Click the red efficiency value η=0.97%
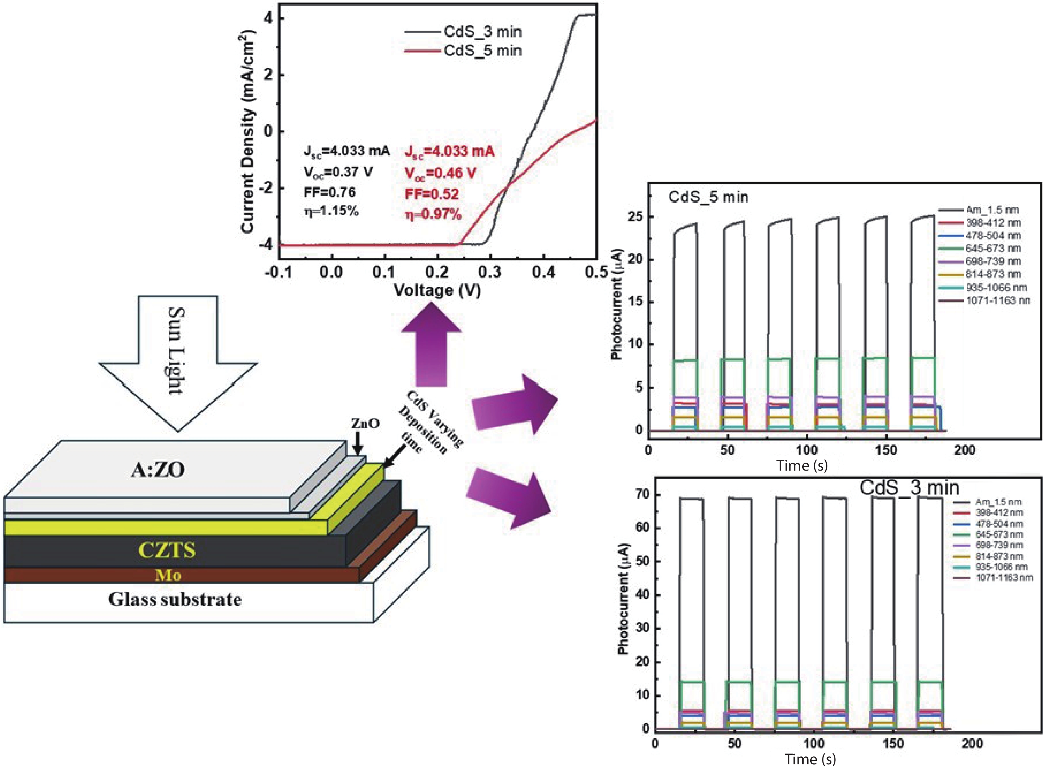tap(433, 214)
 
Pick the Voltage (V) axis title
tap(437, 290)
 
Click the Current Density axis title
tap(248, 131)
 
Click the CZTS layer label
tap(167, 550)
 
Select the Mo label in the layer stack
tap(168, 576)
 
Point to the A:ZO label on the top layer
tap(158, 470)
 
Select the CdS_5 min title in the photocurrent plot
tap(708, 197)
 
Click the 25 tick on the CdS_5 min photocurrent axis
tap(635, 217)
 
